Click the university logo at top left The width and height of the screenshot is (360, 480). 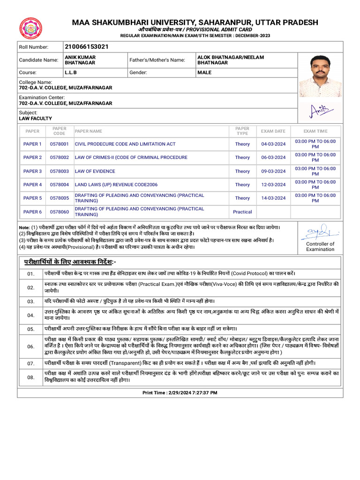tap(30, 29)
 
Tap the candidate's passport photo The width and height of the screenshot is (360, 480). tap(320, 75)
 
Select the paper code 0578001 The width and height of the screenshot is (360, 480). tap(60, 144)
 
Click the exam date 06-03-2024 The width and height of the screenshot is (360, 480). tap(273, 157)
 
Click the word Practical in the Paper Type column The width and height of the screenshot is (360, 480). tap(242, 212)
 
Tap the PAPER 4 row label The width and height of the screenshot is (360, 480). tap(32, 185)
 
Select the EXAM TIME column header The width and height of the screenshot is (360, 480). tap(315, 131)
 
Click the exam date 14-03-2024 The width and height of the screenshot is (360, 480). tap(273, 198)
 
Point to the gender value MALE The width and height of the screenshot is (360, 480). tap(204, 73)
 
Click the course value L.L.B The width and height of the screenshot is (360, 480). tap(70, 73)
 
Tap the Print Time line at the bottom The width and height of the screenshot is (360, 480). tap(180, 393)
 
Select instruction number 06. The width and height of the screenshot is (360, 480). tap(31, 346)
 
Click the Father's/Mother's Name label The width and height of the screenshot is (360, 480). tap(157, 60)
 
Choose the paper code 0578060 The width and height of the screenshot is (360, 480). tap(60, 212)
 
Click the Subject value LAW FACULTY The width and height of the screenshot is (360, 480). tap(35, 119)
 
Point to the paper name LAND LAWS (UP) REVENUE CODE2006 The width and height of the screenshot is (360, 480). tap(116, 185)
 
